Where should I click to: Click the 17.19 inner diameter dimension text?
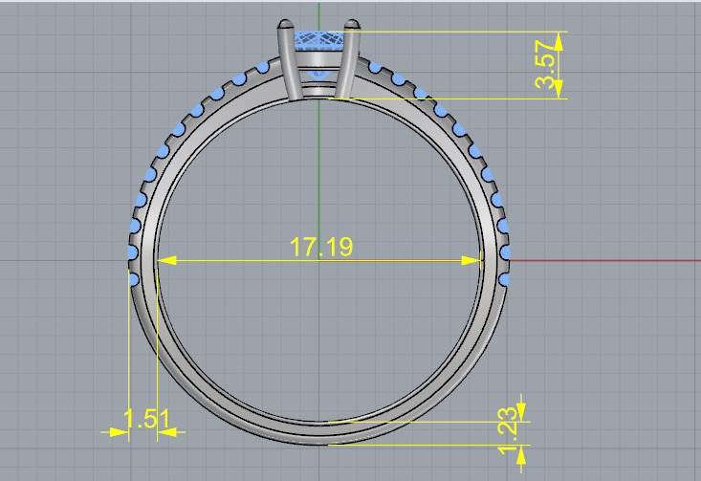click(x=321, y=248)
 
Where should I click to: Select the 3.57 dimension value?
click(x=546, y=65)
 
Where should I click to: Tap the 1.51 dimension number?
click(x=146, y=419)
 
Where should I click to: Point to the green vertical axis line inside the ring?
click(x=318, y=172)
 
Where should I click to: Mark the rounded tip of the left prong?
click(x=283, y=24)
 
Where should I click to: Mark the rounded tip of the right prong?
click(x=353, y=24)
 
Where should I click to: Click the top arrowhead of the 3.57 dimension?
click(x=559, y=39)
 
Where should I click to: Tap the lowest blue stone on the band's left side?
click(x=134, y=279)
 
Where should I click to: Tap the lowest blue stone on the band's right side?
click(x=504, y=278)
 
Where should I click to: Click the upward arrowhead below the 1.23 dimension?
click(x=520, y=453)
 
